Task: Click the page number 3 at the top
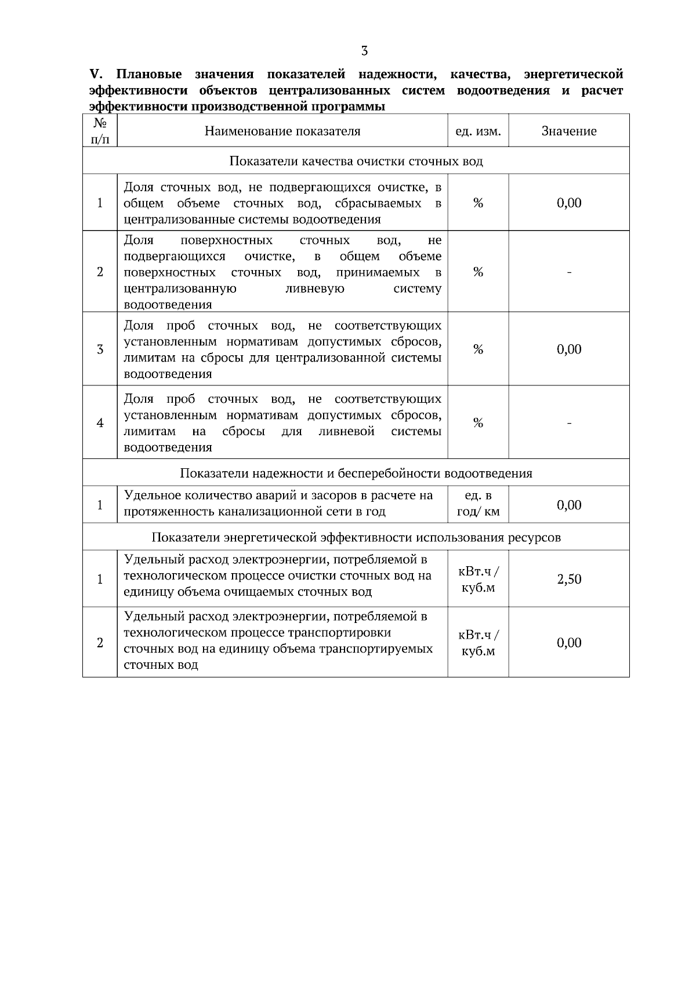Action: (364, 51)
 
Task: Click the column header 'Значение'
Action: (569, 132)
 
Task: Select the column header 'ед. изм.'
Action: (478, 132)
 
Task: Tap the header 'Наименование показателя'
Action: (282, 132)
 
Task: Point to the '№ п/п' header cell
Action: (100, 131)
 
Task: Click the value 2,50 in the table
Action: (569, 579)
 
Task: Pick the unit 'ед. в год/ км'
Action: (478, 504)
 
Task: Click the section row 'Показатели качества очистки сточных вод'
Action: (356, 161)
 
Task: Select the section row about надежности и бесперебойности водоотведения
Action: (356, 473)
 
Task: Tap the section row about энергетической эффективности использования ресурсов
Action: (356, 537)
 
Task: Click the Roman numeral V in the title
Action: (95, 75)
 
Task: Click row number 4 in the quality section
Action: (100, 423)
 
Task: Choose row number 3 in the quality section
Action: (100, 349)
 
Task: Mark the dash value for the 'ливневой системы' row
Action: (569, 423)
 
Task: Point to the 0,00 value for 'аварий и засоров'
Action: (569, 505)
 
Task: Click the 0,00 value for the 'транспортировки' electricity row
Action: (569, 643)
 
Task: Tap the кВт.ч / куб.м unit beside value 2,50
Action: (478, 579)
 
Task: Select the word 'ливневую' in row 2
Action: (315, 289)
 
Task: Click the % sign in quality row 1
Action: (478, 203)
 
